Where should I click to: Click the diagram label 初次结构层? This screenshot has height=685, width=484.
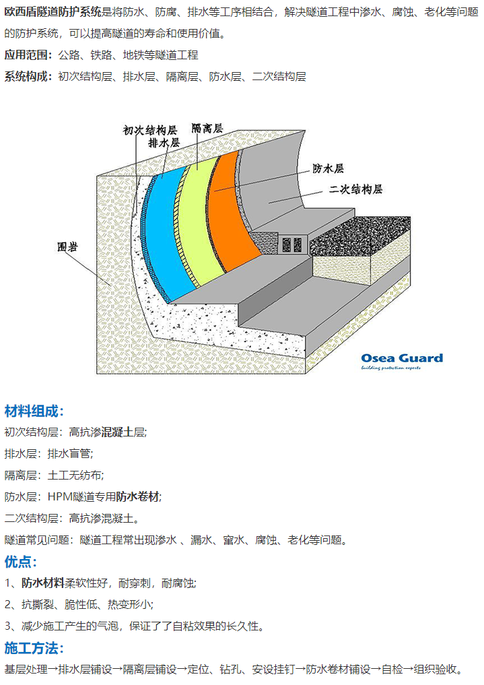pos(149,130)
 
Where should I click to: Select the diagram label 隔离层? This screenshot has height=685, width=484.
pos(207,127)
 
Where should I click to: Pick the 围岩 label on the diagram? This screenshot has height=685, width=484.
pos(67,247)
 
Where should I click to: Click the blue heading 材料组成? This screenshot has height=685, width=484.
pos(34,411)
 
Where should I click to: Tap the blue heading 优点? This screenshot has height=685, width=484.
pos(21,561)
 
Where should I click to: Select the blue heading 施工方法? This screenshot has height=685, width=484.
pos(34,648)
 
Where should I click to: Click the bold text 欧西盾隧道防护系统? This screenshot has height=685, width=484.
pos(54,11)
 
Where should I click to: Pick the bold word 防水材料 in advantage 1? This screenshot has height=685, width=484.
pos(42,583)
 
